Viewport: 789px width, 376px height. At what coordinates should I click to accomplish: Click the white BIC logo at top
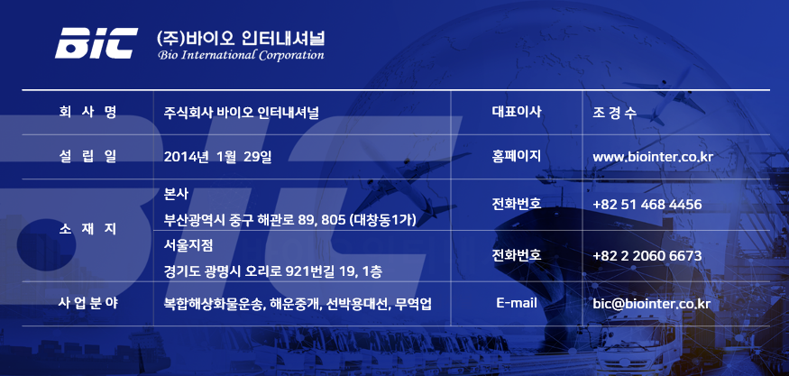pyautogui.click(x=96, y=43)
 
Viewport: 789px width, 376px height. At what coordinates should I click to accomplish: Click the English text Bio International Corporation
pyautogui.click(x=241, y=55)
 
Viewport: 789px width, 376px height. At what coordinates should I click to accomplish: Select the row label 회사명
pyautogui.click(x=87, y=112)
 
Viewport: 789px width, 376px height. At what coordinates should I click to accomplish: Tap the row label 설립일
pyautogui.click(x=87, y=157)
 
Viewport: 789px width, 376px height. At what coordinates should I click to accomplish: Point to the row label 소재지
pyautogui.click(x=87, y=229)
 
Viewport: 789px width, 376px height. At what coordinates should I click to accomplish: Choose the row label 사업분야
pyautogui.click(x=88, y=303)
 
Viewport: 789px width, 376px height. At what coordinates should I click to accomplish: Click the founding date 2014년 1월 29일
pyautogui.click(x=218, y=157)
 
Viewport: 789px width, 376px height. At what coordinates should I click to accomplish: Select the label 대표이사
pyautogui.click(x=517, y=111)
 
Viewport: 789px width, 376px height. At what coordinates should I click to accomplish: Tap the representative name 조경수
pyautogui.click(x=615, y=113)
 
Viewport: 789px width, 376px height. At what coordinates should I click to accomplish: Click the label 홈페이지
pyautogui.click(x=517, y=156)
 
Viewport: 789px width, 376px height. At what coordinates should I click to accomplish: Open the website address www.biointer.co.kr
pyautogui.click(x=653, y=157)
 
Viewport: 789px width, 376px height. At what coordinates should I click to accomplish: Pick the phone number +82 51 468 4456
pyautogui.click(x=647, y=205)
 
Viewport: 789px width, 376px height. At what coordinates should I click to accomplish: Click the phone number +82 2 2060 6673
pyautogui.click(x=647, y=256)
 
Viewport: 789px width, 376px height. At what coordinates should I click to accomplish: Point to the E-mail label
pyautogui.click(x=517, y=303)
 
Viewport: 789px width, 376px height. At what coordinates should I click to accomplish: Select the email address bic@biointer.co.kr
pyautogui.click(x=652, y=304)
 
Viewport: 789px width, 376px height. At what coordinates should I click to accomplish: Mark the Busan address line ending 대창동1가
pyautogui.click(x=289, y=220)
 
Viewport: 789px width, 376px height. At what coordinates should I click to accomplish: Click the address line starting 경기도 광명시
pyautogui.click(x=272, y=271)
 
